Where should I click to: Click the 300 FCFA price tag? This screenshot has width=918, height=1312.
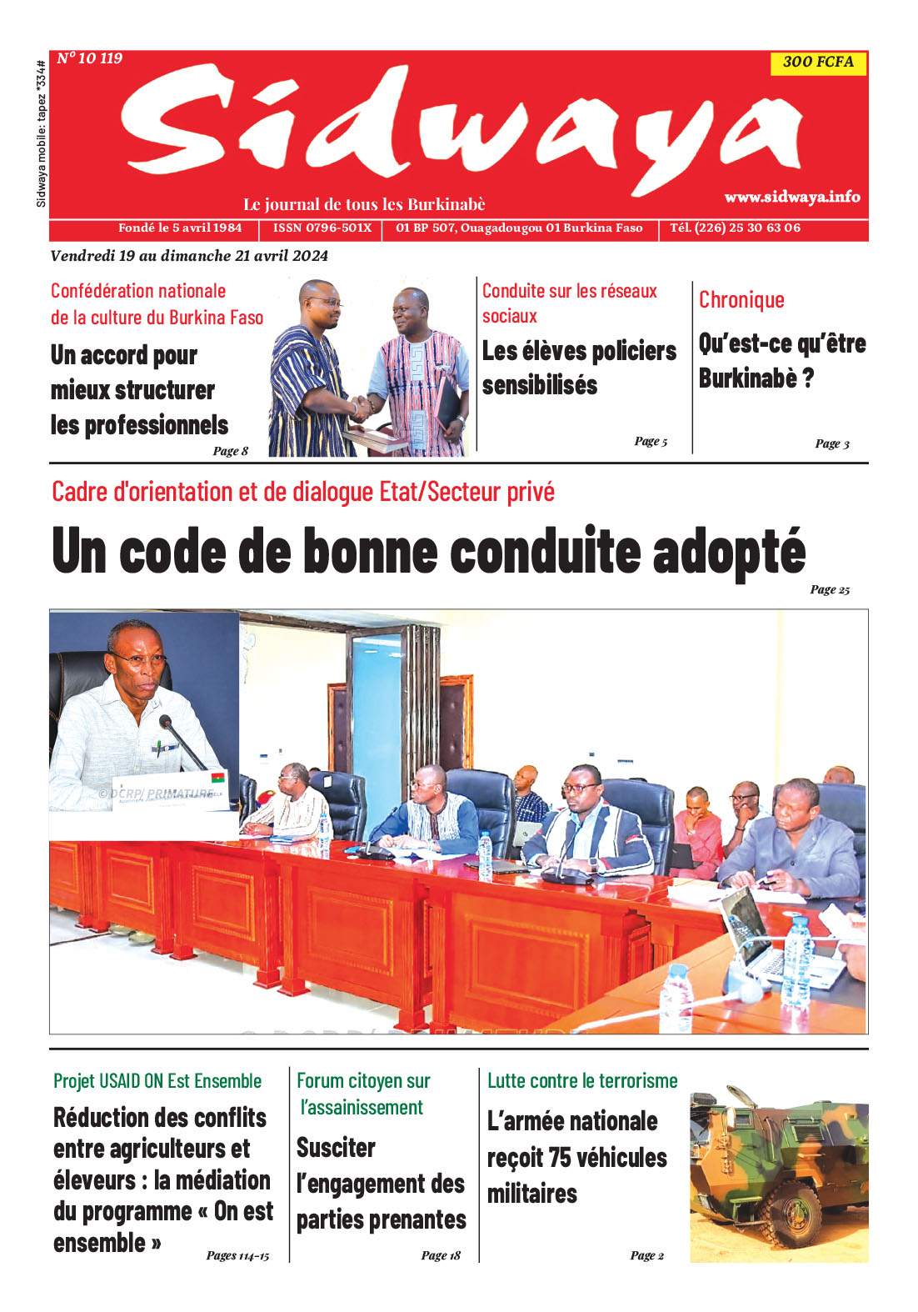tap(818, 62)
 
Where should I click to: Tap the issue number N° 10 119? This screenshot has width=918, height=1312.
tap(90, 58)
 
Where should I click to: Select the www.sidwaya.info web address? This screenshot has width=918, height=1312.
tap(791, 197)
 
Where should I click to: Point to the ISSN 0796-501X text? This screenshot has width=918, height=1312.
tap(322, 228)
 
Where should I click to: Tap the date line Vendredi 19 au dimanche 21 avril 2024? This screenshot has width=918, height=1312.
tap(189, 256)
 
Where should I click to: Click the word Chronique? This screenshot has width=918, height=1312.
tap(741, 300)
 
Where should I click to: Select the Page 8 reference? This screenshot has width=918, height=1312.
tap(230, 451)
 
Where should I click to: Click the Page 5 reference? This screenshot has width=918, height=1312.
tap(651, 441)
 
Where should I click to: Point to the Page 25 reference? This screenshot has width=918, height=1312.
tap(830, 589)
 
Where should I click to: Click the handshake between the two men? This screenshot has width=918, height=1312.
tap(362, 407)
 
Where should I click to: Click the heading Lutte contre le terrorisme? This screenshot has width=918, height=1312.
tap(582, 1081)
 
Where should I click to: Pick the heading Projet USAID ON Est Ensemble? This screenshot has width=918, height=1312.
tap(157, 1081)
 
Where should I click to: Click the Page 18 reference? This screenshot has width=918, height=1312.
tap(441, 1255)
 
